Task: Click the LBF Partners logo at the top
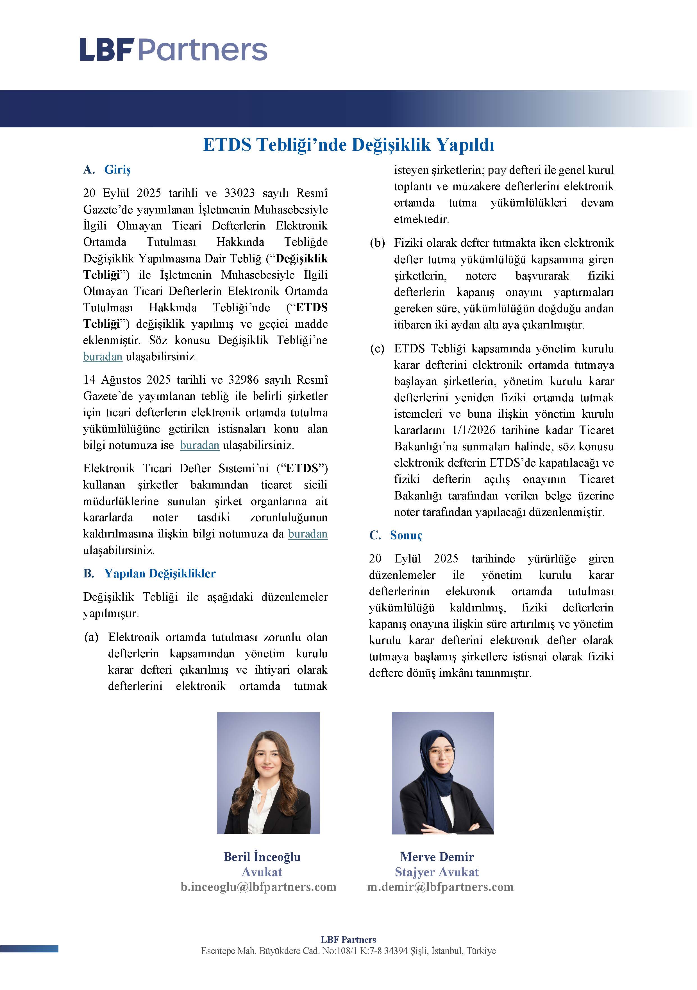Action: click(x=173, y=49)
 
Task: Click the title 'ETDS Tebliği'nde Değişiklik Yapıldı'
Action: click(x=348, y=145)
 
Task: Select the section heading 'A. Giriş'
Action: click(x=107, y=170)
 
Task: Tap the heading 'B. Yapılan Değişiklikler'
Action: click(x=149, y=573)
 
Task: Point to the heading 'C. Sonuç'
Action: click(x=396, y=535)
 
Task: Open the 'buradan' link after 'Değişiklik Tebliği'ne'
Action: click(x=103, y=357)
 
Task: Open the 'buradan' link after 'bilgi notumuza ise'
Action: click(x=199, y=445)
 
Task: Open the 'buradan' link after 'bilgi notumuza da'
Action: click(x=308, y=534)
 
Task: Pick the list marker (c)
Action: click(x=377, y=348)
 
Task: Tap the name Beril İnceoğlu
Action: click(x=262, y=857)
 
